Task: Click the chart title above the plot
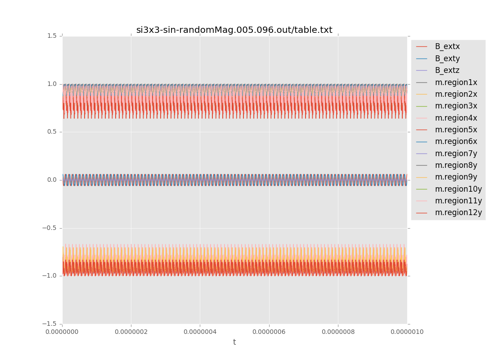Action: [x=234, y=30]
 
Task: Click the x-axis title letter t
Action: [x=234, y=342]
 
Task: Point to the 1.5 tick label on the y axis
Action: [x=52, y=36]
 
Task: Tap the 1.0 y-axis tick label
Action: [x=52, y=84]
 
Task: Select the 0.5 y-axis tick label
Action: [x=52, y=132]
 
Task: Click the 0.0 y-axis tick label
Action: [x=52, y=180]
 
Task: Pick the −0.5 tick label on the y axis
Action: [x=50, y=228]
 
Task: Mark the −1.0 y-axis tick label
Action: [x=50, y=276]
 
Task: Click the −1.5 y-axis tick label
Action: [x=50, y=324]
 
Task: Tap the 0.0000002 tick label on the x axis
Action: [x=131, y=332]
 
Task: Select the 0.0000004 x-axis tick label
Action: [x=200, y=332]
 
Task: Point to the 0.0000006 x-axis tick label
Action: [x=269, y=332]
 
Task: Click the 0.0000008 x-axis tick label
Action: [x=338, y=332]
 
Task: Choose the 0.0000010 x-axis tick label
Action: [x=407, y=332]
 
